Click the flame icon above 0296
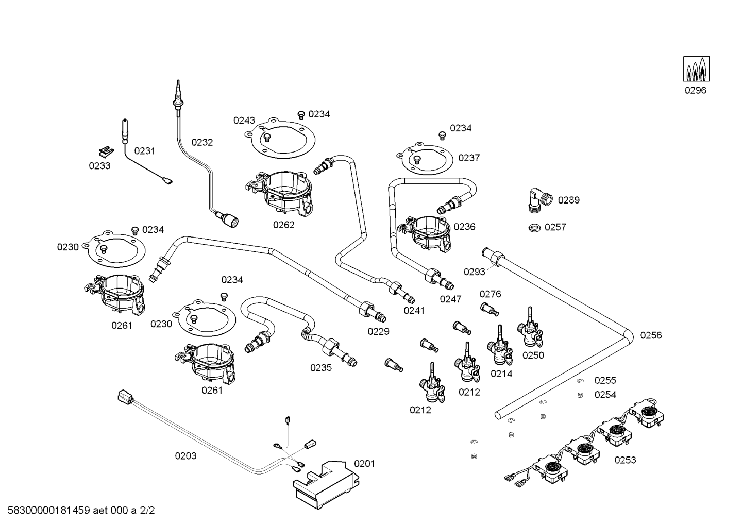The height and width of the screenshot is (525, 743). pyautogui.click(x=696, y=69)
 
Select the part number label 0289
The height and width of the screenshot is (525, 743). pyautogui.click(x=568, y=200)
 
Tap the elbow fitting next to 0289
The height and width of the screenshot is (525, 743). pyautogui.click(x=539, y=200)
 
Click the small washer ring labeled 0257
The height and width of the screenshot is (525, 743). pyautogui.click(x=534, y=228)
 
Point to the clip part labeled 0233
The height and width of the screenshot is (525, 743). pyautogui.click(x=107, y=151)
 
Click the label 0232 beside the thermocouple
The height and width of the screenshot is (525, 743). pyautogui.click(x=202, y=142)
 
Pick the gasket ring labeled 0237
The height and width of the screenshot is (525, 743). pyautogui.click(x=425, y=159)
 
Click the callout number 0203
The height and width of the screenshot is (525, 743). pyautogui.click(x=185, y=456)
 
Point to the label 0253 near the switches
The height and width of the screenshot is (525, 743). pyautogui.click(x=625, y=460)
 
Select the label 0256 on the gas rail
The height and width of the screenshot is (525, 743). pyautogui.click(x=651, y=335)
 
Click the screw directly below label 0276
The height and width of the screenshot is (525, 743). pyautogui.click(x=489, y=310)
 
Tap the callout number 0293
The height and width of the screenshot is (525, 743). pyautogui.click(x=475, y=272)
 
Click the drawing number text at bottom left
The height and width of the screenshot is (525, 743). pyautogui.click(x=81, y=510)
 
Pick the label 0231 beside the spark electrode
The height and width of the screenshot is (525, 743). pyautogui.click(x=145, y=151)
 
